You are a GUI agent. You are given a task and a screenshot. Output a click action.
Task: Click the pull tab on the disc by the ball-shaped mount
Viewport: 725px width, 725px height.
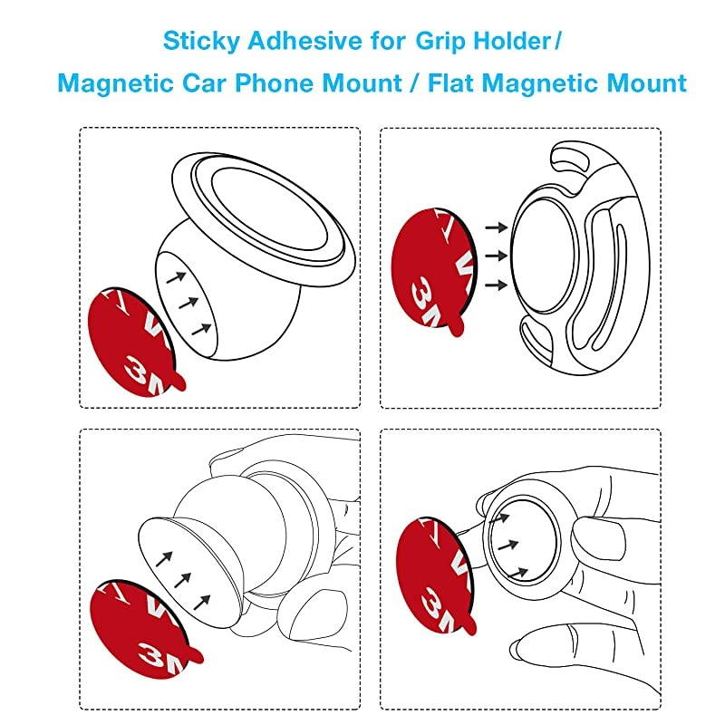(x=179, y=384)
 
